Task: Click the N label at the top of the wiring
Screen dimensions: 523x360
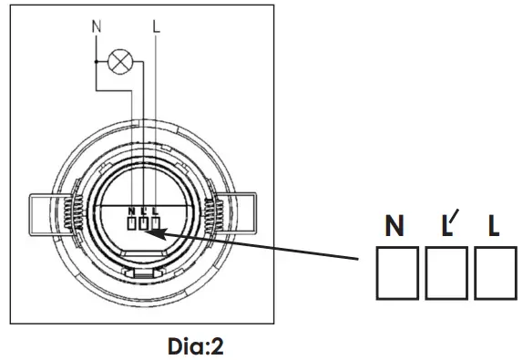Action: [97, 26]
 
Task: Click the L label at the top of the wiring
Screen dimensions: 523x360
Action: [156, 26]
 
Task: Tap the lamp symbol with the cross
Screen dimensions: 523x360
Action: [120, 61]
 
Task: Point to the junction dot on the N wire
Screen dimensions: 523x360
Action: [96, 62]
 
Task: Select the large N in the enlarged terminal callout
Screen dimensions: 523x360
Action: [395, 225]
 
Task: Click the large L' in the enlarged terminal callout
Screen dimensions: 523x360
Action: [450, 222]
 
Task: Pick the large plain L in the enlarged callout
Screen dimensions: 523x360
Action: [493, 225]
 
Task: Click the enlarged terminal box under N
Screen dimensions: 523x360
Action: [397, 273]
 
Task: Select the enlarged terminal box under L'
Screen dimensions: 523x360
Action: [446, 273]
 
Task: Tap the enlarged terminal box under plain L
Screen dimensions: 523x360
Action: [496, 273]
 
